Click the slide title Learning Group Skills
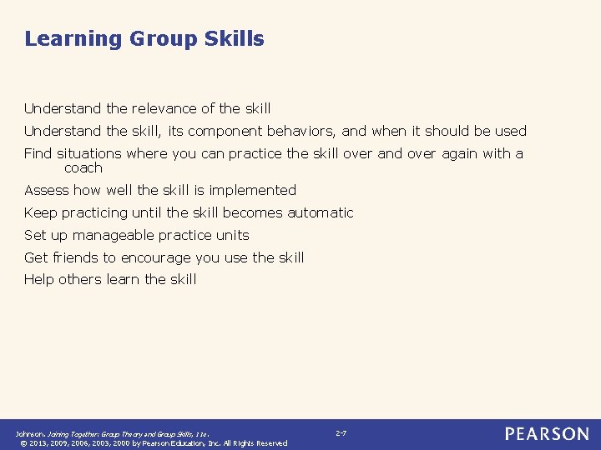click(x=144, y=39)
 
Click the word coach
click(x=83, y=167)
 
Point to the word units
click(x=231, y=235)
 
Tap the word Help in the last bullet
click(x=40, y=280)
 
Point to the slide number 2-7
click(x=341, y=433)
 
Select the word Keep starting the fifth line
click(x=40, y=212)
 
